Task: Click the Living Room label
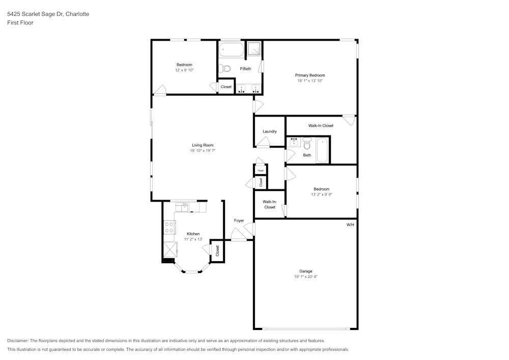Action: point(203,145)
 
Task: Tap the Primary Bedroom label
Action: point(310,75)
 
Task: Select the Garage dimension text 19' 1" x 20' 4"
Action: point(306,277)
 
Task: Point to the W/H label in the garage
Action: point(350,225)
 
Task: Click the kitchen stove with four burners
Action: point(169,227)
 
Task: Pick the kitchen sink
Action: point(182,207)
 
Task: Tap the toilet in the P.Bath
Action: point(224,69)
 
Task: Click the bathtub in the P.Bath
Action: point(232,50)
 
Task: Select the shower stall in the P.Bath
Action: point(254,49)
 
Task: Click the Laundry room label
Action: point(270,131)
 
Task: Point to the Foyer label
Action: point(239,221)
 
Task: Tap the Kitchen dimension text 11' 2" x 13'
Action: point(193,239)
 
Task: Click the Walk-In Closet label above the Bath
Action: point(321,126)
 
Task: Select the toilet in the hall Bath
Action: point(307,143)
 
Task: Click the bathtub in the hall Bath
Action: point(322,150)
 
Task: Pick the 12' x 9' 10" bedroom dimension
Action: point(184,70)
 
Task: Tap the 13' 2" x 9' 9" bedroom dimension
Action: point(322,195)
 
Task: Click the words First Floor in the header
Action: point(20,23)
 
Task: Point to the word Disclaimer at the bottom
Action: point(18,341)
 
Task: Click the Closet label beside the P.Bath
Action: point(227,87)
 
